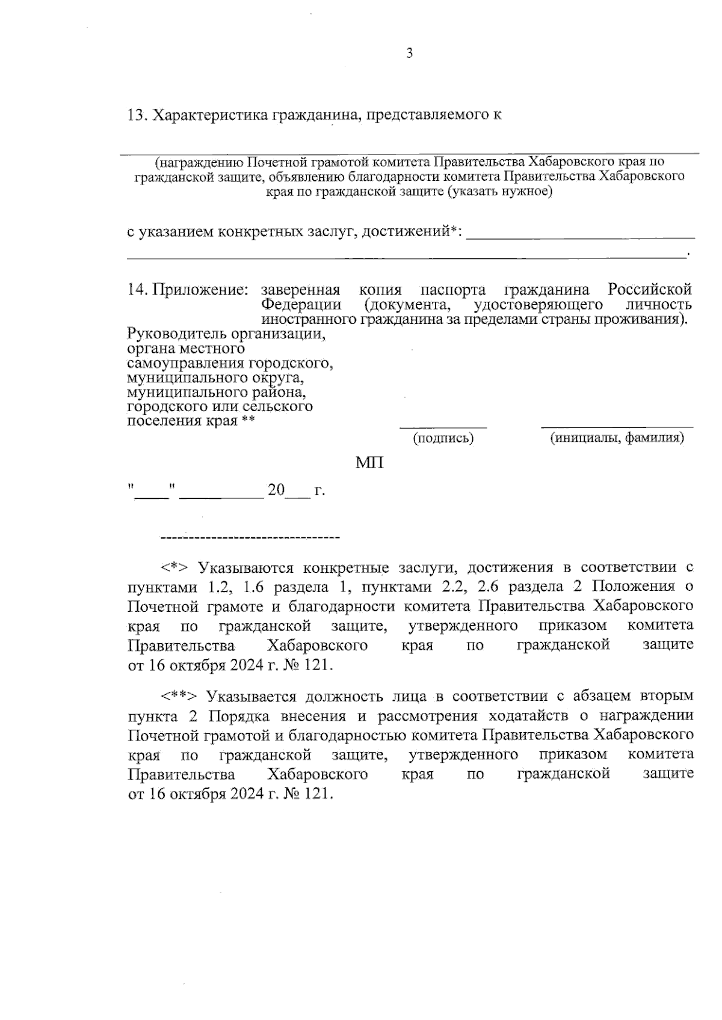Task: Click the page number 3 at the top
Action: [x=410, y=53]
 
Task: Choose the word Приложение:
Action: [x=200, y=289]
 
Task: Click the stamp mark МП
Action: [x=369, y=463]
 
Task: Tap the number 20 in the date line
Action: [x=276, y=490]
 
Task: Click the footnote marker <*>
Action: [x=174, y=567]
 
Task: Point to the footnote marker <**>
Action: [x=179, y=697]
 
